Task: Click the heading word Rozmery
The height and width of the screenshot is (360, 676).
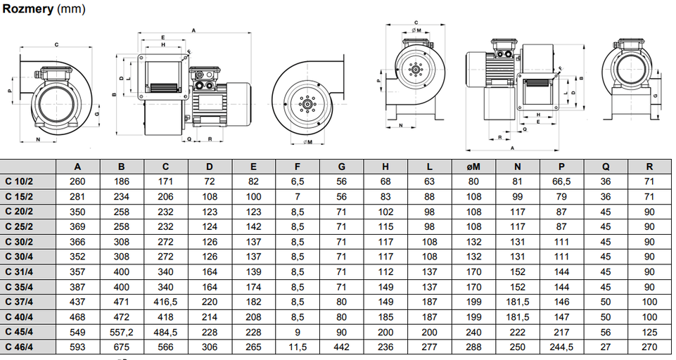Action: [26, 11]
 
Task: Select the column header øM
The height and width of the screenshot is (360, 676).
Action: [473, 167]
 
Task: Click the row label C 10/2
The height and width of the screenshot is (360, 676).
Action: [20, 181]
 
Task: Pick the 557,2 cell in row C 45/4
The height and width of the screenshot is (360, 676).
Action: [122, 331]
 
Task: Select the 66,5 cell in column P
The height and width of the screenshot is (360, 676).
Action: [561, 181]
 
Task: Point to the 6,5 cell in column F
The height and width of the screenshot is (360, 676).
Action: [298, 181]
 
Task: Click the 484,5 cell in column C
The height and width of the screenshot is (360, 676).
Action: [165, 331]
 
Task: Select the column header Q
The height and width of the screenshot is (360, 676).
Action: [606, 167]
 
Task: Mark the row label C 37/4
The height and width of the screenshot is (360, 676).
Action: [20, 302]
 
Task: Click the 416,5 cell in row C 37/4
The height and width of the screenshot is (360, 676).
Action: [165, 302]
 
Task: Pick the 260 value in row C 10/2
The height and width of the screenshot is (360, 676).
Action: [77, 181]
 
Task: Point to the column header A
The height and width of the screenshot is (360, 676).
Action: [77, 167]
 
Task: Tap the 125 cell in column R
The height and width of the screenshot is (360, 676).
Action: [649, 331]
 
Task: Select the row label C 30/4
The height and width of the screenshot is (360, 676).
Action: [20, 257]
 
